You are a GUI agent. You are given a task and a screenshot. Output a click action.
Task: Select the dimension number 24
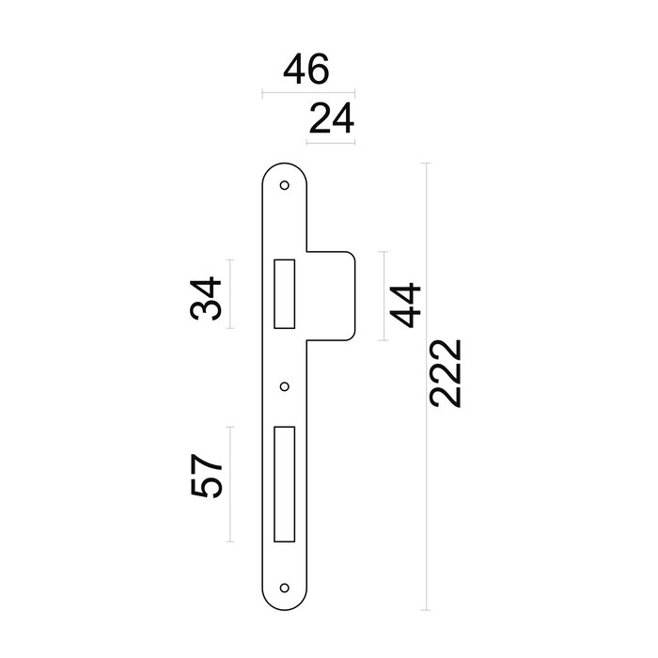[x=330, y=120]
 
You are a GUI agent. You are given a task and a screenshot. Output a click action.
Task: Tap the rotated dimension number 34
[x=206, y=299]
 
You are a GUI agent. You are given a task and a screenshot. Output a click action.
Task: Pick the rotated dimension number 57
[x=206, y=478]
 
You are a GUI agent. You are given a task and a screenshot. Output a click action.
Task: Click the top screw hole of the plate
[x=285, y=185]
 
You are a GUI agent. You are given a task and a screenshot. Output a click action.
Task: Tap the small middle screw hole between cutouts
[x=285, y=384]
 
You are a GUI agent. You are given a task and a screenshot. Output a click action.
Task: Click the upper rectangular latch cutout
[x=284, y=292]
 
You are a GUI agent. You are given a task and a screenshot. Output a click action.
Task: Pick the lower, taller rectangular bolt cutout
[x=284, y=483]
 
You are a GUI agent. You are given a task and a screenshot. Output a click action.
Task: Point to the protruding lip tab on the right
[x=334, y=292]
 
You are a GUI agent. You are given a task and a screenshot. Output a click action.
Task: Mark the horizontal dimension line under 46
[x=308, y=93]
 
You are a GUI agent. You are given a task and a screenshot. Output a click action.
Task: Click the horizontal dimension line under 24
[x=331, y=142]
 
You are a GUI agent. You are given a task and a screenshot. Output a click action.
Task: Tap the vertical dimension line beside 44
[x=383, y=295]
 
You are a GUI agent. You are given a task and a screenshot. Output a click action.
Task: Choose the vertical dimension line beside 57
[x=229, y=483]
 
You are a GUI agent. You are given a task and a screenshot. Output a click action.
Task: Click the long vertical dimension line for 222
[x=428, y=386]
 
